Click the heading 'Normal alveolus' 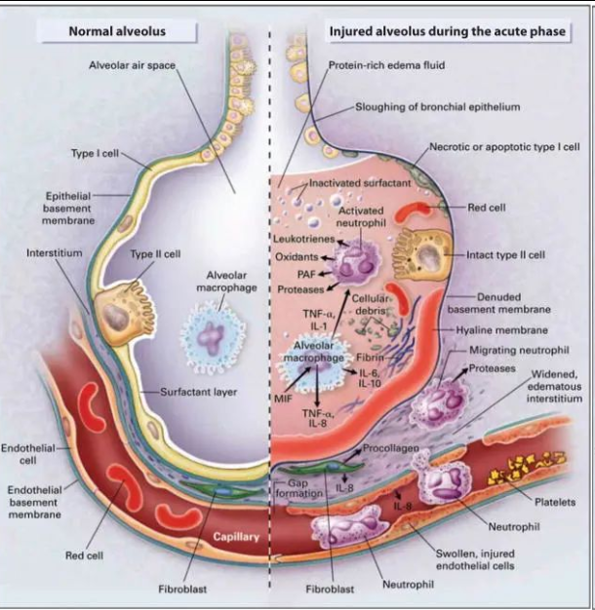pyautogui.click(x=117, y=31)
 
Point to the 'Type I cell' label pyautogui.click(x=95, y=154)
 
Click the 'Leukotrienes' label pyautogui.click(x=304, y=240)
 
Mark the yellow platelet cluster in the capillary pyautogui.click(x=511, y=479)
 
